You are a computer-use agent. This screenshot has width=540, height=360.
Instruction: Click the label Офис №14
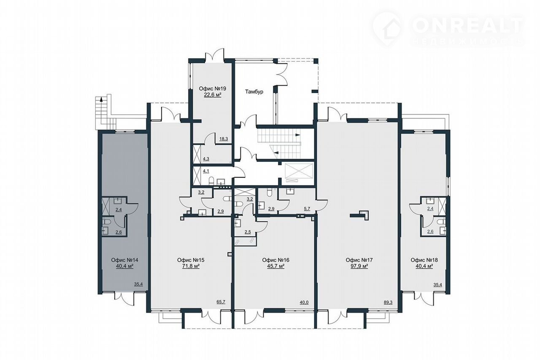tap(124, 260)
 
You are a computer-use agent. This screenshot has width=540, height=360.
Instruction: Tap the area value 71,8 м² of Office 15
tap(191, 266)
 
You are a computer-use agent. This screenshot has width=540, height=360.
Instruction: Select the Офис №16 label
tap(275, 260)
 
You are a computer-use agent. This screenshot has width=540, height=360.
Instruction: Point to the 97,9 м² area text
tap(359, 266)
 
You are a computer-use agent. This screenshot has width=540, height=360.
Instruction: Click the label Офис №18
tap(424, 260)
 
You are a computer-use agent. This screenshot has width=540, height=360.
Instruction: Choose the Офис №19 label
tap(212, 89)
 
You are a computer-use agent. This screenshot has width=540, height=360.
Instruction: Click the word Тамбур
tap(254, 92)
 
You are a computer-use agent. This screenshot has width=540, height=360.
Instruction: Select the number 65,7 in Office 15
tap(221, 302)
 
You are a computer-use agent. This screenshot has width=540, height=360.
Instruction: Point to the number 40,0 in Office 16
tap(304, 302)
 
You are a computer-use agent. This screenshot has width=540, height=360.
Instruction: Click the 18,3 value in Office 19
tap(224, 139)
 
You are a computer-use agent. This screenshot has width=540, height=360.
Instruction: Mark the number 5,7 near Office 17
tap(307, 209)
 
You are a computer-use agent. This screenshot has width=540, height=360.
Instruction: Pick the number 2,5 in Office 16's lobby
tap(248, 232)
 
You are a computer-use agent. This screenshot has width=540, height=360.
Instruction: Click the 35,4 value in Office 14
tap(138, 285)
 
